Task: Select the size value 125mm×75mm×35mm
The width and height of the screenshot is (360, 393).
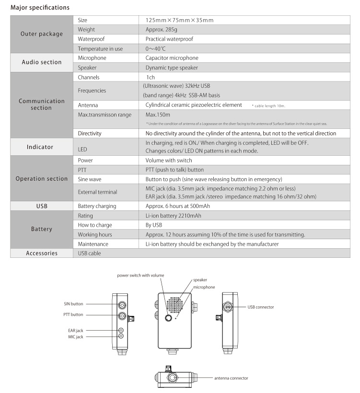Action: coord(179,20)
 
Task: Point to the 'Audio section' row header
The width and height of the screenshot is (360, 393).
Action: coord(42,62)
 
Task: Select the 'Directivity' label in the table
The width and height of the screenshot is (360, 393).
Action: coord(90,133)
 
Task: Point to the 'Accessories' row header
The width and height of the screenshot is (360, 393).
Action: coord(42,254)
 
